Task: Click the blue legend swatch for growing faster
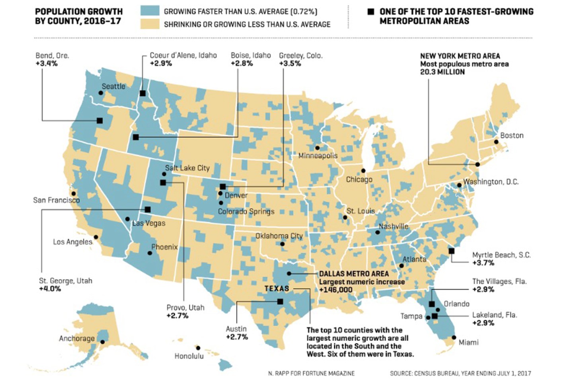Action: pos(150,11)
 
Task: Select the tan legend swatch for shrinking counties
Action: pos(150,24)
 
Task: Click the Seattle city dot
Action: pos(101,93)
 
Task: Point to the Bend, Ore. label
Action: pos(52,56)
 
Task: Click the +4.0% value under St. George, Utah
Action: pos(50,289)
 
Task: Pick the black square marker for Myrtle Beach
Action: pos(451,251)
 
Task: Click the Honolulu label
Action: pos(189,356)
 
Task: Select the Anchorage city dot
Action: pos(103,342)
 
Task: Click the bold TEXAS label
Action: pos(277,288)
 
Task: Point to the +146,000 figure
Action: pos(335,290)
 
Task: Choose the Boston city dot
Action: pos(496,142)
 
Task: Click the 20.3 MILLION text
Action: pos(442,72)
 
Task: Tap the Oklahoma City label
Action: pos(279,236)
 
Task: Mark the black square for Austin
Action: pos(280,302)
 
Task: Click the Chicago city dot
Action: pos(363,171)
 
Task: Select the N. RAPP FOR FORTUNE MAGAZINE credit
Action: pos(311,373)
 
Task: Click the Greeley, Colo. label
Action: pos(301,56)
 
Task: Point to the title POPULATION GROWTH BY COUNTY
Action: pos(79,16)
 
